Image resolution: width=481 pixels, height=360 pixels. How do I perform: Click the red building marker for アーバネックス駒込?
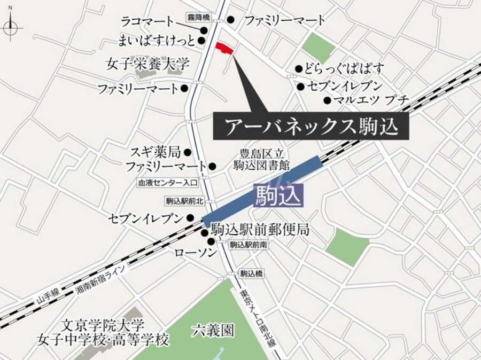224,49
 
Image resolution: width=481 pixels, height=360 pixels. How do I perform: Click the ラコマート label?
148,21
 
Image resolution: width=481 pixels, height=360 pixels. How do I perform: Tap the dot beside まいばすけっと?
201,40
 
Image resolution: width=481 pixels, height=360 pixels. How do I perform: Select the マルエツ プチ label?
371,100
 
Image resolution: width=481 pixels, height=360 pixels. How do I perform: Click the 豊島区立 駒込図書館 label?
261,159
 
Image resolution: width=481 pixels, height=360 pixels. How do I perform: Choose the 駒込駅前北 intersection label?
184,201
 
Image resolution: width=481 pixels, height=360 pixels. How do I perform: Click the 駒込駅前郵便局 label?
260,230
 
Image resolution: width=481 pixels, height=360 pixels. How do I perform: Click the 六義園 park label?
213,331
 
